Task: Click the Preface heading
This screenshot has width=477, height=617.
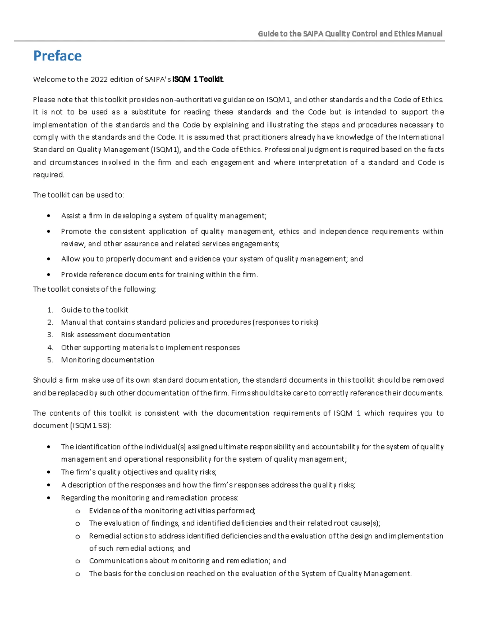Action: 57,56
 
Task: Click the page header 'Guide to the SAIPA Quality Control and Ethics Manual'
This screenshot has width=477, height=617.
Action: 350,34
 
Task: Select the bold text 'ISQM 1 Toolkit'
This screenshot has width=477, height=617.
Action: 198,79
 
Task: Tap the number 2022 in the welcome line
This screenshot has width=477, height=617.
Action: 99,79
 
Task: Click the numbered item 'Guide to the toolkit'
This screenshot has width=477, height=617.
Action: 95,310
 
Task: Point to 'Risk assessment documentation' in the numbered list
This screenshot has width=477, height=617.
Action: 116,335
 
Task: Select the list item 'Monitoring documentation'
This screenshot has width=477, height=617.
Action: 107,360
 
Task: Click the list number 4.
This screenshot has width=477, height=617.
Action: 50,348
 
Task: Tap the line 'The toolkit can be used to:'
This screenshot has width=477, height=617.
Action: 78,195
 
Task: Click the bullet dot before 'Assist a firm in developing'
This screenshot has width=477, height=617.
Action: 48,216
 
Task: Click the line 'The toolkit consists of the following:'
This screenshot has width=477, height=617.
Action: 95,289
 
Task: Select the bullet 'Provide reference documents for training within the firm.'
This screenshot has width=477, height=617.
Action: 159,275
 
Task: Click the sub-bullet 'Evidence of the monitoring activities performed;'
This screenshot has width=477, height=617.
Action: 172,511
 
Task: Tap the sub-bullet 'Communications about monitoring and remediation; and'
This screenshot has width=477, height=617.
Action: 187,561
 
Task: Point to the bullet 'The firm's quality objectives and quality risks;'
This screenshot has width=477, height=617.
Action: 139,472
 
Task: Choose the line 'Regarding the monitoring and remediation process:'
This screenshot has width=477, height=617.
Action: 149,498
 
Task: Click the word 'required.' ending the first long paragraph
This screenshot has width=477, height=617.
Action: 48,175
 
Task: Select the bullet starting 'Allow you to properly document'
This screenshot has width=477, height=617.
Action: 212,259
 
